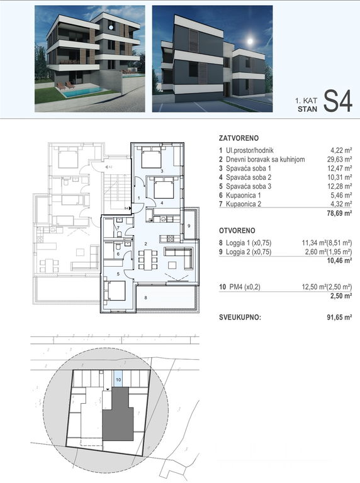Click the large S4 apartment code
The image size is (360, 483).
click(x=337, y=101)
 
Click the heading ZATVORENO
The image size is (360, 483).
click(x=239, y=137)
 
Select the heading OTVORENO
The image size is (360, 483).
click(x=237, y=231)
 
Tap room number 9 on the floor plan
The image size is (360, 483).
click(x=188, y=226)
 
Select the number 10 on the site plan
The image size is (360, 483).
click(x=118, y=379)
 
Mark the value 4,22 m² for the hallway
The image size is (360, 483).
click(x=340, y=151)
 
